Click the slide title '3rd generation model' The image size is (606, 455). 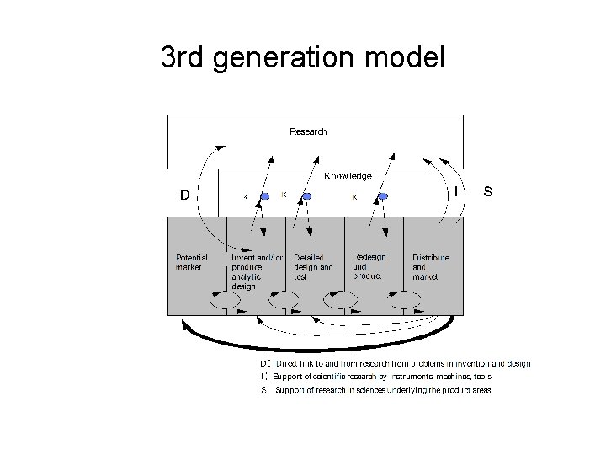coord(302,57)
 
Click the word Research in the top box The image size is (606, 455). coord(308,131)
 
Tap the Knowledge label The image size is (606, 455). coord(348,176)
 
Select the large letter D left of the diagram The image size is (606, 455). coord(183,195)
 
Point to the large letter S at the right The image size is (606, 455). coord(487,191)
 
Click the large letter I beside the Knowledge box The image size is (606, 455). coord(455,192)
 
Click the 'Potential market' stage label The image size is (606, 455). coord(191,262)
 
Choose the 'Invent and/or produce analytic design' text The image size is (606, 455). coord(256,271)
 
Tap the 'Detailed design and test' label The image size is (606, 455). coord(313,266)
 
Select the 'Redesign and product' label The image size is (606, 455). coord(369,265)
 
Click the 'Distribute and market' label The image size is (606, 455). coord(430,266)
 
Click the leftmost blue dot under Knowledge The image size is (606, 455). coord(264,196)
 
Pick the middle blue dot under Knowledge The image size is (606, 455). coord(307,196)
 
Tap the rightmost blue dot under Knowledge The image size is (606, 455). coord(383,196)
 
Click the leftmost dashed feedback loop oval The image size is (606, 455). coord(225,300)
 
